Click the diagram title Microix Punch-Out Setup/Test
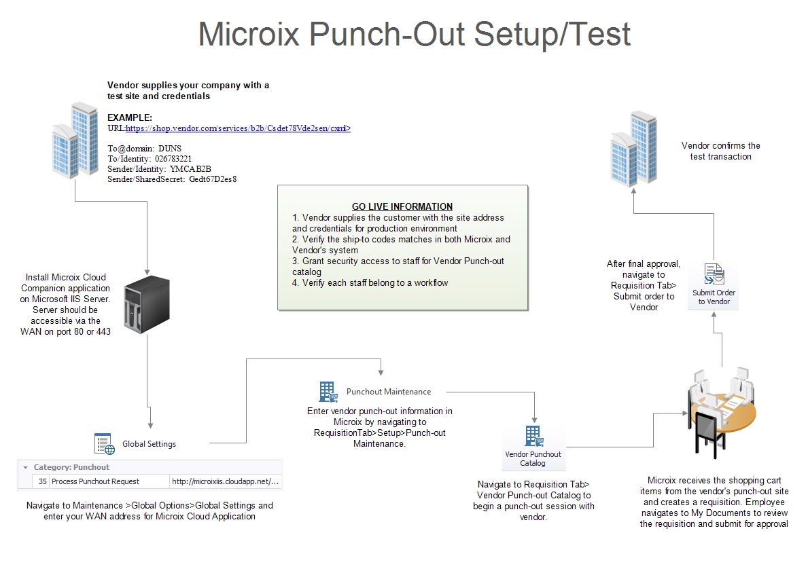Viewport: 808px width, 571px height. [414, 34]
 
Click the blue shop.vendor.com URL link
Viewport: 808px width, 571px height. [238, 128]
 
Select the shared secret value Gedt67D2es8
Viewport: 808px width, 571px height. [213, 179]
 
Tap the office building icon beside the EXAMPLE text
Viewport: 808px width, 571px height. [75, 139]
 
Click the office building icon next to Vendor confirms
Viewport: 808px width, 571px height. [633, 149]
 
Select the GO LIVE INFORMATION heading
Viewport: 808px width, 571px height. [402, 206]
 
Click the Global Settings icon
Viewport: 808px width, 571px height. [104, 443]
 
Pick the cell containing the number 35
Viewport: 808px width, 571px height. [42, 481]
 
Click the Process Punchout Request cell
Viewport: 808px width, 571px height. [95, 481]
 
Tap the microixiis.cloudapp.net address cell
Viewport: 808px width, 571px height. [225, 481]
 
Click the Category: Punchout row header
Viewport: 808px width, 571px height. [71, 467]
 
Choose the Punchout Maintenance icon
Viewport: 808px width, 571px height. [328, 392]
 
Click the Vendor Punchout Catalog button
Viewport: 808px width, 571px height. [533, 447]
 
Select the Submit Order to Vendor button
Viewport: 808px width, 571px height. [714, 286]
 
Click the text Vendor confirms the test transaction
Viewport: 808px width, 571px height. [720, 151]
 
